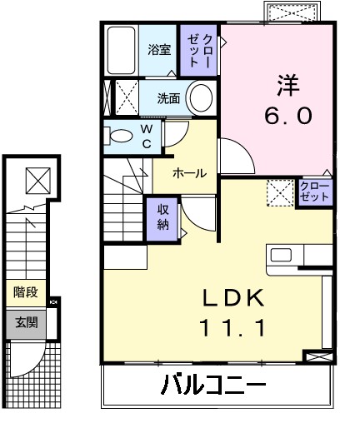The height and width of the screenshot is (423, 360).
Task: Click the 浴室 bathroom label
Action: [159, 50]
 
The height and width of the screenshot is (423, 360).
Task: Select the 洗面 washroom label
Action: [169, 98]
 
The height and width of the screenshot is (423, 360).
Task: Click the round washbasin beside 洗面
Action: [200, 98]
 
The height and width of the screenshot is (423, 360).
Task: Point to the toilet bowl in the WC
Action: [120, 135]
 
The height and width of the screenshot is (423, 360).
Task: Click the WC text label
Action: [146, 135]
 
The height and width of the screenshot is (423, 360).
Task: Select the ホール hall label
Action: [189, 173]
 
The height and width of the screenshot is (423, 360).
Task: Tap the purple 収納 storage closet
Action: [162, 217]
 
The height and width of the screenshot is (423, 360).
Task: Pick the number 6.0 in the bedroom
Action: [289, 116]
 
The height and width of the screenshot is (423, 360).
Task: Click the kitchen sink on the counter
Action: [279, 255]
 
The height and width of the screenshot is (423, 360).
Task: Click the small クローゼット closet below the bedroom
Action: [313, 192]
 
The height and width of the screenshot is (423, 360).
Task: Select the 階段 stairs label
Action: [24, 293]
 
